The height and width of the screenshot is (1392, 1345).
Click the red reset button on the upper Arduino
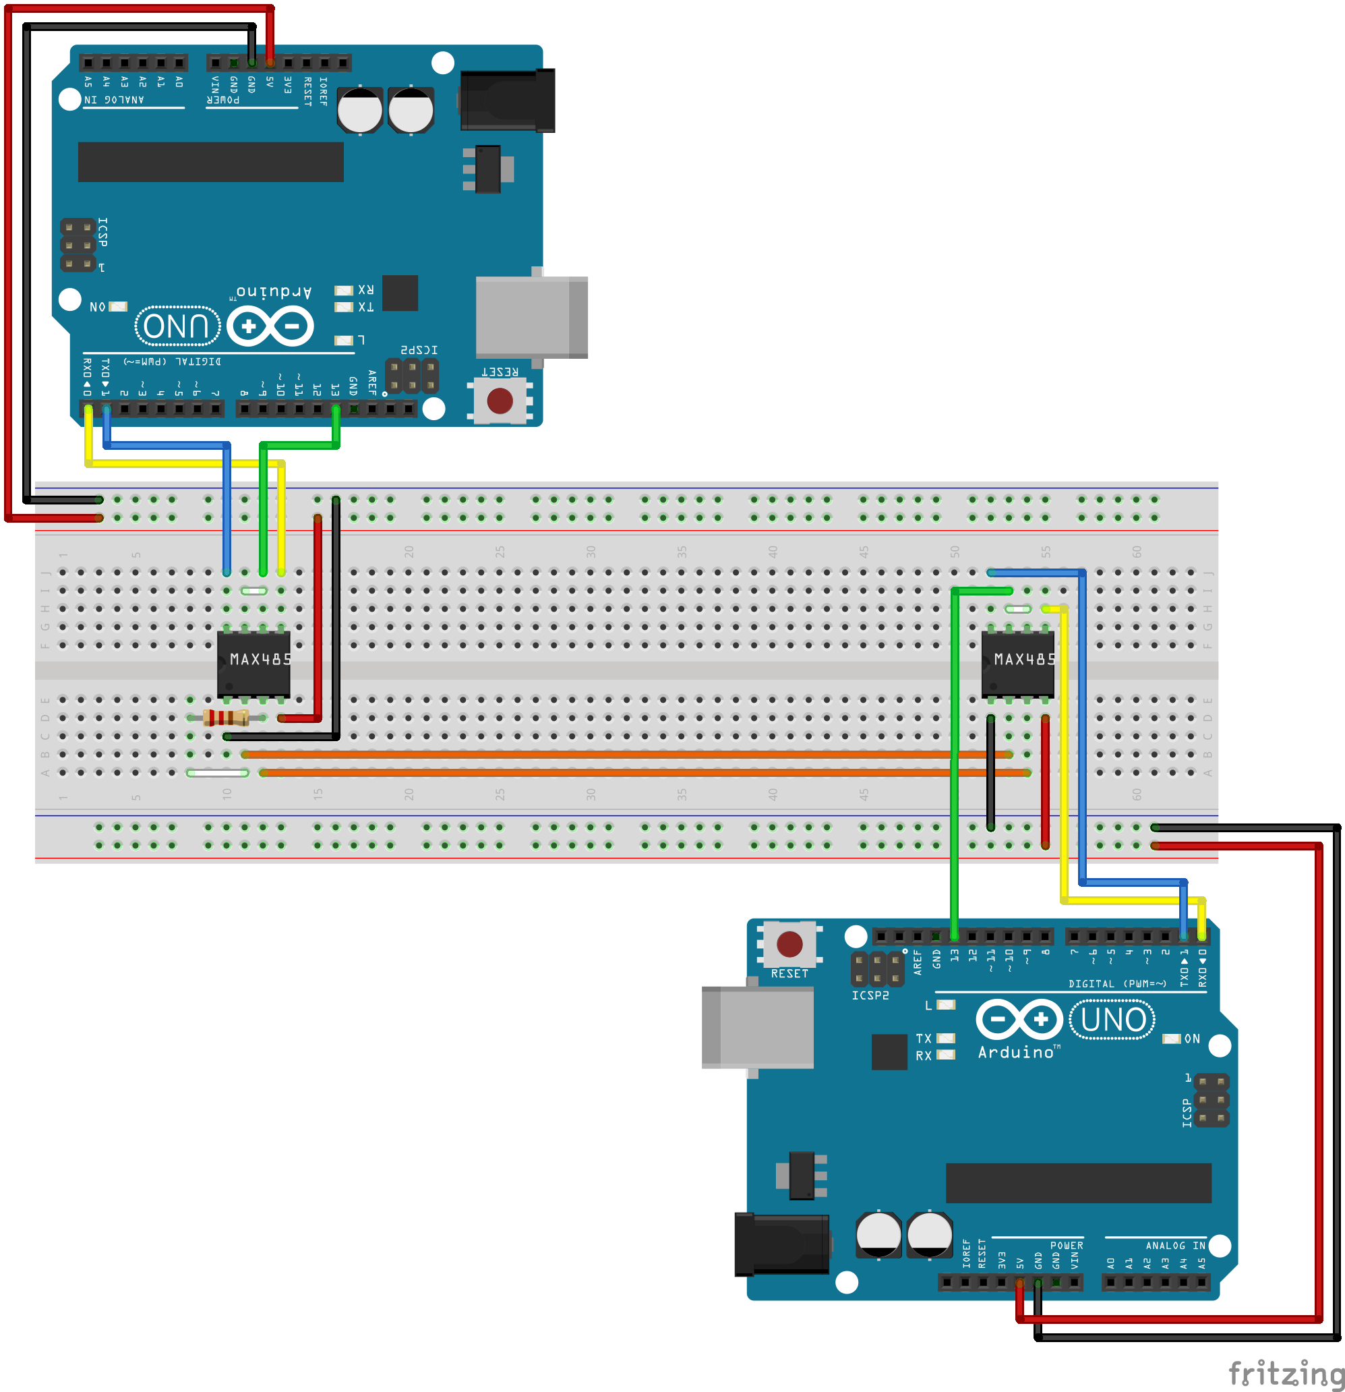[500, 401]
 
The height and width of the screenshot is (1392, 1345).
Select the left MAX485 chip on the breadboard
[253, 664]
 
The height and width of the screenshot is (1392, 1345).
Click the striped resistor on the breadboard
[226, 718]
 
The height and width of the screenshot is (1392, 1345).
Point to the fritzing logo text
[1286, 1372]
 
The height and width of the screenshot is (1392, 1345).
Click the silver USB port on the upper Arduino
[531, 317]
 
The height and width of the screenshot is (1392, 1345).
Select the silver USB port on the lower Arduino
[757, 1027]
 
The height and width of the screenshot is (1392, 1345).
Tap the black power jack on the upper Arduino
[507, 100]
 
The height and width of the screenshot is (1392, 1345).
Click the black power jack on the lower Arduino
[782, 1244]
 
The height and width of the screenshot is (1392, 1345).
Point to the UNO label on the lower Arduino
[1113, 1020]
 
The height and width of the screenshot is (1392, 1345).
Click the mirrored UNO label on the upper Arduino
[177, 326]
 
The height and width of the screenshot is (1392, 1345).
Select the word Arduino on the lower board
[1015, 1052]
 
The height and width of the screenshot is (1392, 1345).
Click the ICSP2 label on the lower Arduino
[870, 995]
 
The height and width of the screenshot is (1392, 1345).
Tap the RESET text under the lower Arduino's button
[789, 974]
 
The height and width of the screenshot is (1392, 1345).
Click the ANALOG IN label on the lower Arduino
[1174, 1246]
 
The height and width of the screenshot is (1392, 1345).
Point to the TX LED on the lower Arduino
[945, 1039]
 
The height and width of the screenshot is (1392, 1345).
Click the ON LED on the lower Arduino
[1171, 1039]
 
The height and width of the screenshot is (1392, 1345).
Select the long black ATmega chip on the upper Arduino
[210, 162]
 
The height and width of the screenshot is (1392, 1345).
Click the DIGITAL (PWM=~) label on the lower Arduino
[1117, 983]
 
